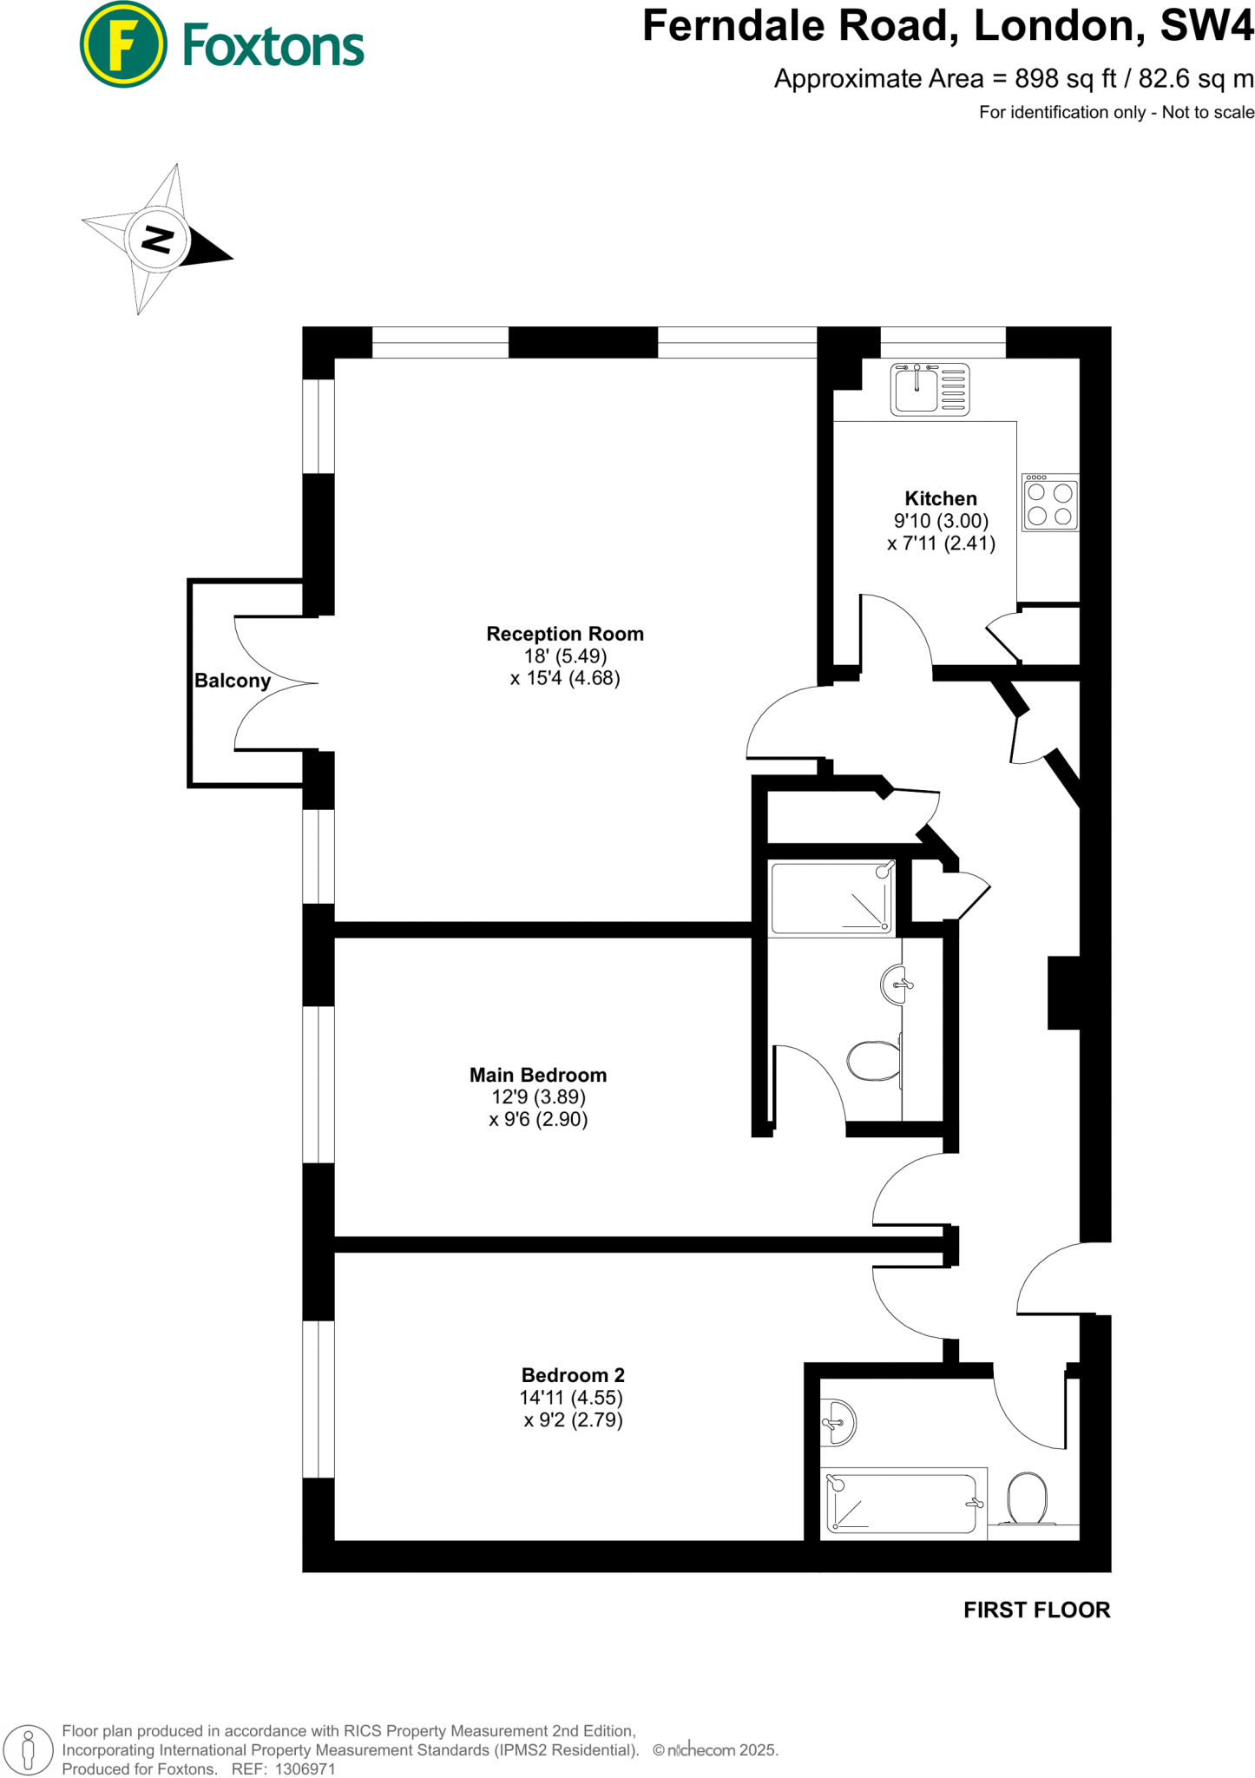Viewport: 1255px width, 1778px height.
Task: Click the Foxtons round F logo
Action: pyautogui.click(x=122, y=44)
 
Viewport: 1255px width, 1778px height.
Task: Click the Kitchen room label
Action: pyautogui.click(x=941, y=498)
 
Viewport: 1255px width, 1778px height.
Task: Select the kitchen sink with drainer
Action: pyautogui.click(x=930, y=389)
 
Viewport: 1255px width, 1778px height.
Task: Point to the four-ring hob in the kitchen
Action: pyautogui.click(x=1050, y=504)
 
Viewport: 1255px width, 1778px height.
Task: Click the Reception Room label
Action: pyautogui.click(x=565, y=634)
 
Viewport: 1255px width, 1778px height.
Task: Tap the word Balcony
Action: pyautogui.click(x=233, y=681)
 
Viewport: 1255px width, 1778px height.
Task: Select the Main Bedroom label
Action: pyautogui.click(x=538, y=1075)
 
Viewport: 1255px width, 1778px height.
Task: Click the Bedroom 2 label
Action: pyautogui.click(x=573, y=1375)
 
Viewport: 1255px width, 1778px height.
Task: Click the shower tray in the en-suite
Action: pyautogui.click(x=831, y=899)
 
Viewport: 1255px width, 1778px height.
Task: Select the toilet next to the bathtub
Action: pyautogui.click(x=1027, y=1498)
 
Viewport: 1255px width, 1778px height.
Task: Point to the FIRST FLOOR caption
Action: pyautogui.click(x=1036, y=1610)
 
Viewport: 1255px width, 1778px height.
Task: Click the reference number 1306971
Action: pyautogui.click(x=305, y=1769)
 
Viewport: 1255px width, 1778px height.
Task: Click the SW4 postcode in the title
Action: pyautogui.click(x=1206, y=26)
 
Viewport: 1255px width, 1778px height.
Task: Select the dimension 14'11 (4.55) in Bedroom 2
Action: pyautogui.click(x=571, y=1398)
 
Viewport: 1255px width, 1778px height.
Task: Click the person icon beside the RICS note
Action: pyautogui.click(x=28, y=1749)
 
